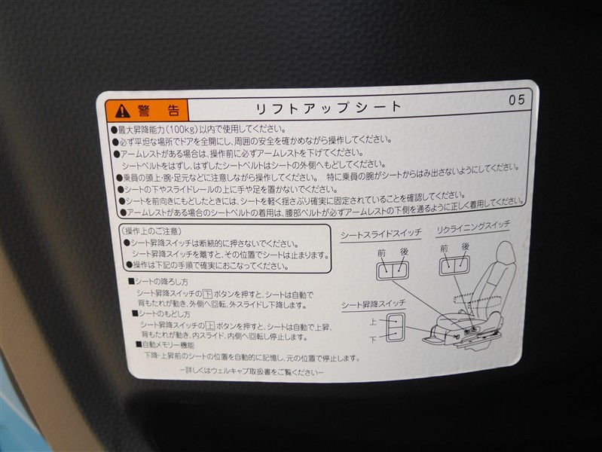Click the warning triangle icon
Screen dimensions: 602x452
(122, 111)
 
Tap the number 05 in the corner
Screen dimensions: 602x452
(517, 100)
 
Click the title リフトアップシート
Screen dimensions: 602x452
(329, 108)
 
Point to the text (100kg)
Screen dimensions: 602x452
(182, 129)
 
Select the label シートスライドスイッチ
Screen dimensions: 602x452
(380, 234)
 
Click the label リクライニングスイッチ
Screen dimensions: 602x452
(473, 228)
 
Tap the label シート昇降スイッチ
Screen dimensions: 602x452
(374, 305)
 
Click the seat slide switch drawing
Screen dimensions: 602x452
(393, 270)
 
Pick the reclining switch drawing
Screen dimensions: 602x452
(454, 265)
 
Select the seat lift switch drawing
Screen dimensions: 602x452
(396, 327)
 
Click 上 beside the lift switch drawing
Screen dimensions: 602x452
(373, 321)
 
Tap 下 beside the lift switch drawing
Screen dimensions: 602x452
(373, 340)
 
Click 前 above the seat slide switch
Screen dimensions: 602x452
(381, 253)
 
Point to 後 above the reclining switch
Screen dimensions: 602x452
(466, 246)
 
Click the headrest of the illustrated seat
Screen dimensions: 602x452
(506, 254)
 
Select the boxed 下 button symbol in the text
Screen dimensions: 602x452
(207, 294)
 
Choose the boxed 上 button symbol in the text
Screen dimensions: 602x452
(209, 326)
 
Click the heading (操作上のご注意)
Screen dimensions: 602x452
(151, 231)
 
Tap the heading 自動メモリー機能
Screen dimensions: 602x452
(165, 345)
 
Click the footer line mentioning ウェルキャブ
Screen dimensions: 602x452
(252, 371)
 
